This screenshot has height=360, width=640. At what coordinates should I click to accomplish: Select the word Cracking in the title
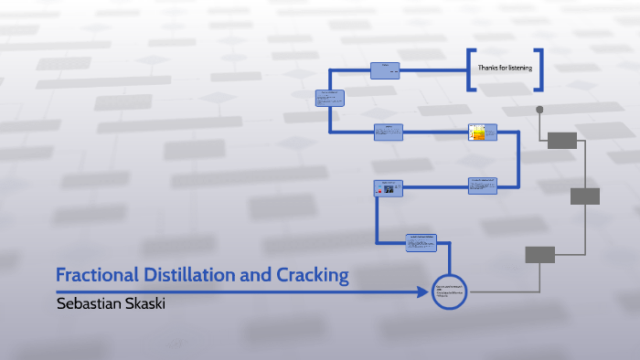[x=309, y=274]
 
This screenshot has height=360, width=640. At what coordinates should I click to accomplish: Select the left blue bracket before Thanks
[x=470, y=69]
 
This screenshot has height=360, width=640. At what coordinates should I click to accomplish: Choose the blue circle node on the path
[x=449, y=291]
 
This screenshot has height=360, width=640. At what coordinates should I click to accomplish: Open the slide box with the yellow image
[x=482, y=133]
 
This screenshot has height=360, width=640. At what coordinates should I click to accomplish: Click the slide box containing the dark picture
[x=388, y=188]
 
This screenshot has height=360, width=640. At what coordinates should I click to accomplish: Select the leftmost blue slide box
[x=330, y=98]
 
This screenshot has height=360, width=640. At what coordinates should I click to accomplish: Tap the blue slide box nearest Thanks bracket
[x=385, y=69]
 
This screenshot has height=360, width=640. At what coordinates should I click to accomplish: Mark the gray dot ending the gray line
[x=539, y=110]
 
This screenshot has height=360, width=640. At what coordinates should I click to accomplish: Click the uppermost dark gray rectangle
[x=561, y=140]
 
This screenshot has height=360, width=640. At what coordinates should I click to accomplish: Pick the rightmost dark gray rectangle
[x=584, y=196]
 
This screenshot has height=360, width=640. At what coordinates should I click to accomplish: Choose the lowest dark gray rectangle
[x=539, y=254]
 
